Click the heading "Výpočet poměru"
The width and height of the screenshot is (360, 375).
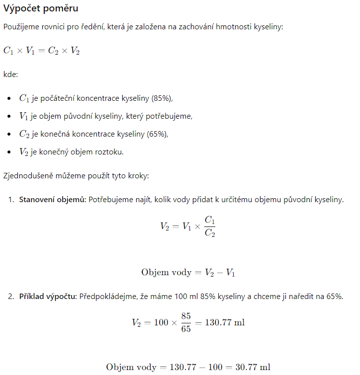tap(41, 9)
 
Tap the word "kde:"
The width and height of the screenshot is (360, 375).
tap(11, 74)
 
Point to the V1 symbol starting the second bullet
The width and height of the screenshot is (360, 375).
tap(24, 116)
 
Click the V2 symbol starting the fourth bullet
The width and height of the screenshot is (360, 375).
tap(24, 151)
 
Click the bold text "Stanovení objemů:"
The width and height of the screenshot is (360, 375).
tap(52, 199)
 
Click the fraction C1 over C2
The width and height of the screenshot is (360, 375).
tap(210, 226)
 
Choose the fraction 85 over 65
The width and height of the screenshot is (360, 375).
tap(186, 322)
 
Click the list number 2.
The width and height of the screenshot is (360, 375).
tap(10, 297)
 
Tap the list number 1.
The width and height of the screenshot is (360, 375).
tap(10, 199)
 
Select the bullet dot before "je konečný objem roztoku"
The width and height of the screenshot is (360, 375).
tap(10, 151)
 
